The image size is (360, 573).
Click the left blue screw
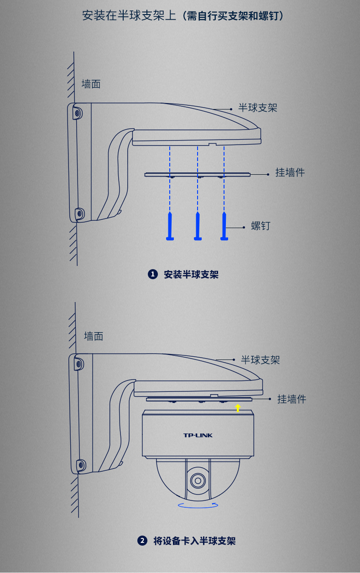170,226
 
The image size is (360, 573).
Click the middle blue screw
198,226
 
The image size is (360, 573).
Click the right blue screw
224,226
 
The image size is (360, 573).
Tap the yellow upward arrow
237,408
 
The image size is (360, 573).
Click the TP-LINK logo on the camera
198,435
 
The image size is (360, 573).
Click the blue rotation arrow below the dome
198,505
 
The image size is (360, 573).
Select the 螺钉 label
261,226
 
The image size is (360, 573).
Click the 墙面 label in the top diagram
91,84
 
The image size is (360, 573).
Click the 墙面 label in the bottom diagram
94,336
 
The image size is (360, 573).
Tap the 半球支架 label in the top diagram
258,108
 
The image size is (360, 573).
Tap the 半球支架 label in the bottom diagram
260,360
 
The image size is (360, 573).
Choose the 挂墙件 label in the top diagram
290,172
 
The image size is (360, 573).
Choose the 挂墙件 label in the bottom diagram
292,399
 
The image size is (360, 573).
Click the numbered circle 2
142,541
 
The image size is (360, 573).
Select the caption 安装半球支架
191,275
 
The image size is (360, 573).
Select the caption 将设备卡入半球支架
194,541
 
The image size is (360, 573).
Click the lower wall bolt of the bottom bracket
80,465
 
